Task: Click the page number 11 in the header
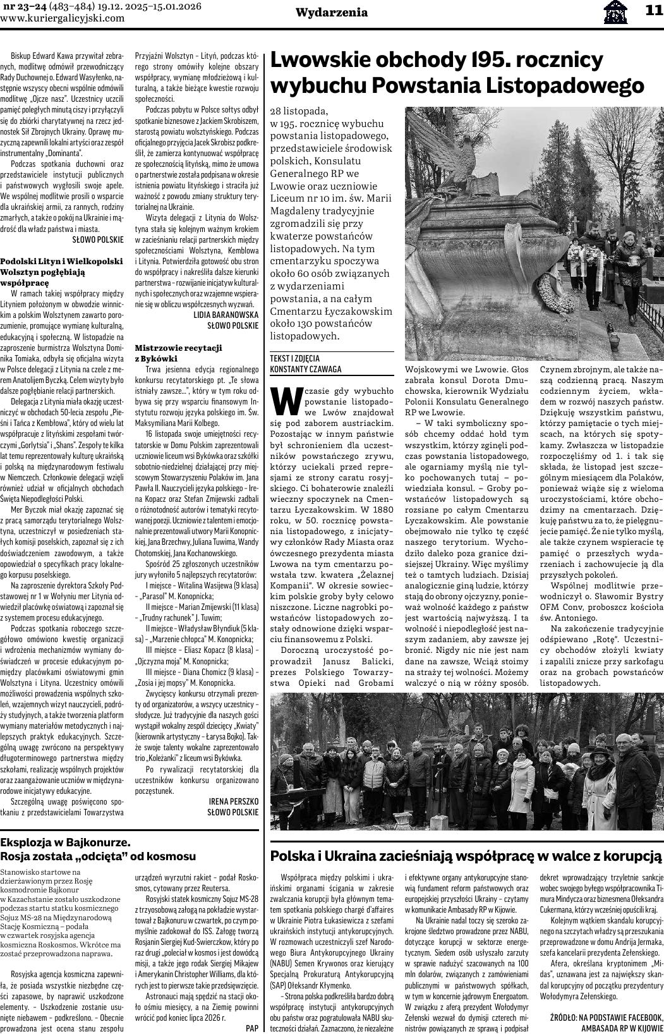click(653, 10)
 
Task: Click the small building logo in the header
click(615, 11)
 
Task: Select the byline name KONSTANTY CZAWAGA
click(305, 369)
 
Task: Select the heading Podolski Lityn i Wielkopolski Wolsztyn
click(61, 266)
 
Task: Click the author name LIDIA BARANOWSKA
click(226, 314)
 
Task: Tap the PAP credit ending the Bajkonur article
click(251, 1028)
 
